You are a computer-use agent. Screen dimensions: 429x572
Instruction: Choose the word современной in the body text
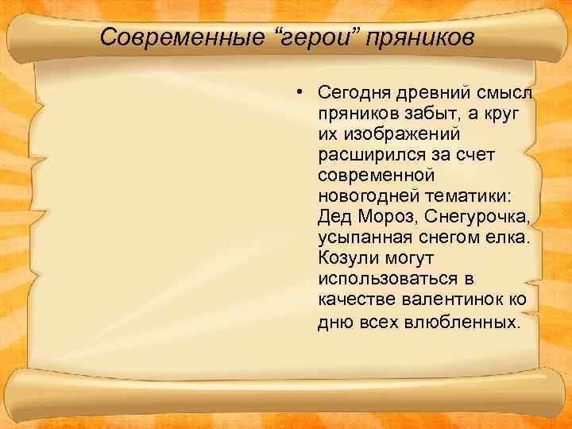372,174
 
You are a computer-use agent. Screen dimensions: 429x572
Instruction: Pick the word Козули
346,258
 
